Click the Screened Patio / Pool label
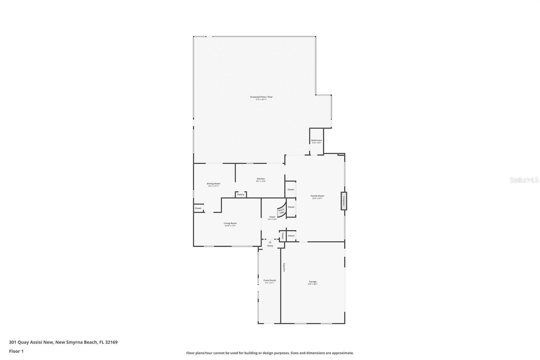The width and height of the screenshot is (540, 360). pyautogui.click(x=261, y=97)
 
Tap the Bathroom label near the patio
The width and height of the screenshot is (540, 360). pyautogui.click(x=316, y=140)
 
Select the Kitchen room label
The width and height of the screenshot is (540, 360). pyautogui.click(x=261, y=179)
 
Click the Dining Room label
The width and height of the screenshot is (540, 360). pyautogui.click(x=213, y=184)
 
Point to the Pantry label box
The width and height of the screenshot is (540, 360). pyautogui.click(x=241, y=195)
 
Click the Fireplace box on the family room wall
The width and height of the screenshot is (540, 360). pyautogui.click(x=344, y=201)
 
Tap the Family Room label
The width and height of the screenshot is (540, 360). pyautogui.click(x=317, y=196)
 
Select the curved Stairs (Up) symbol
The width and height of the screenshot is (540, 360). pyautogui.click(x=281, y=211)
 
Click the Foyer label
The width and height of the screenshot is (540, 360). pyautogui.click(x=272, y=217)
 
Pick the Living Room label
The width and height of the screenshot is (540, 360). pyautogui.click(x=230, y=224)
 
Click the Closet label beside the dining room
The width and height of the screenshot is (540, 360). pyautogui.click(x=198, y=208)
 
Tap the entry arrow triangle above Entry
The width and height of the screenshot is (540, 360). pyautogui.click(x=270, y=242)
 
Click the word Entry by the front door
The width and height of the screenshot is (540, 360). pyautogui.click(x=270, y=246)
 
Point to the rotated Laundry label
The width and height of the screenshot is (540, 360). pyautogui.click(x=284, y=267)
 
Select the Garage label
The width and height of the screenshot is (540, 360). pyautogui.click(x=313, y=282)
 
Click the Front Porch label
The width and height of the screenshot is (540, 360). pyautogui.click(x=269, y=281)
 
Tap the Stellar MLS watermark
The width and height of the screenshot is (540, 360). pyautogui.click(x=524, y=180)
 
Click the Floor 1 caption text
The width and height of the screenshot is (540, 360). pyautogui.click(x=16, y=351)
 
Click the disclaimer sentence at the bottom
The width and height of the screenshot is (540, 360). pyautogui.click(x=270, y=353)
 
